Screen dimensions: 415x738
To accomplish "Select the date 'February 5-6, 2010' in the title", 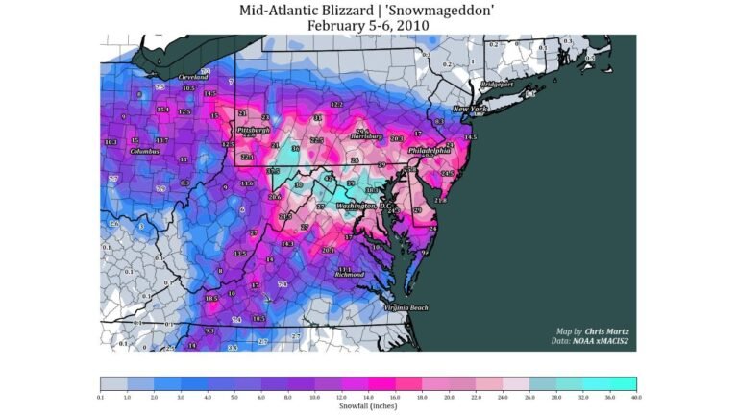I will (369, 25).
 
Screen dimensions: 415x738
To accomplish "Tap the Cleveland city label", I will (193, 76).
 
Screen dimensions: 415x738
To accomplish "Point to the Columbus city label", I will (144, 151).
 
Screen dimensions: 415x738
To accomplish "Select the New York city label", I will (471, 110).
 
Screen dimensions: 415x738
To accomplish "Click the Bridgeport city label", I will (497, 84).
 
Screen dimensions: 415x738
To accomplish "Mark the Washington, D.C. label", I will (363, 206).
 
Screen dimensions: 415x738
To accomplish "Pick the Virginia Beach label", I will (406, 307).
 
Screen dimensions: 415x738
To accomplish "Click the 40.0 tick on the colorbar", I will (635, 396).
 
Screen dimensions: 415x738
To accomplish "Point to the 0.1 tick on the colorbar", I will (100, 396).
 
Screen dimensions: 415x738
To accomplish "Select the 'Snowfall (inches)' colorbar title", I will (368, 406).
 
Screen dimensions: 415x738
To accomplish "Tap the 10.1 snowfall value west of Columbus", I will (111, 141).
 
